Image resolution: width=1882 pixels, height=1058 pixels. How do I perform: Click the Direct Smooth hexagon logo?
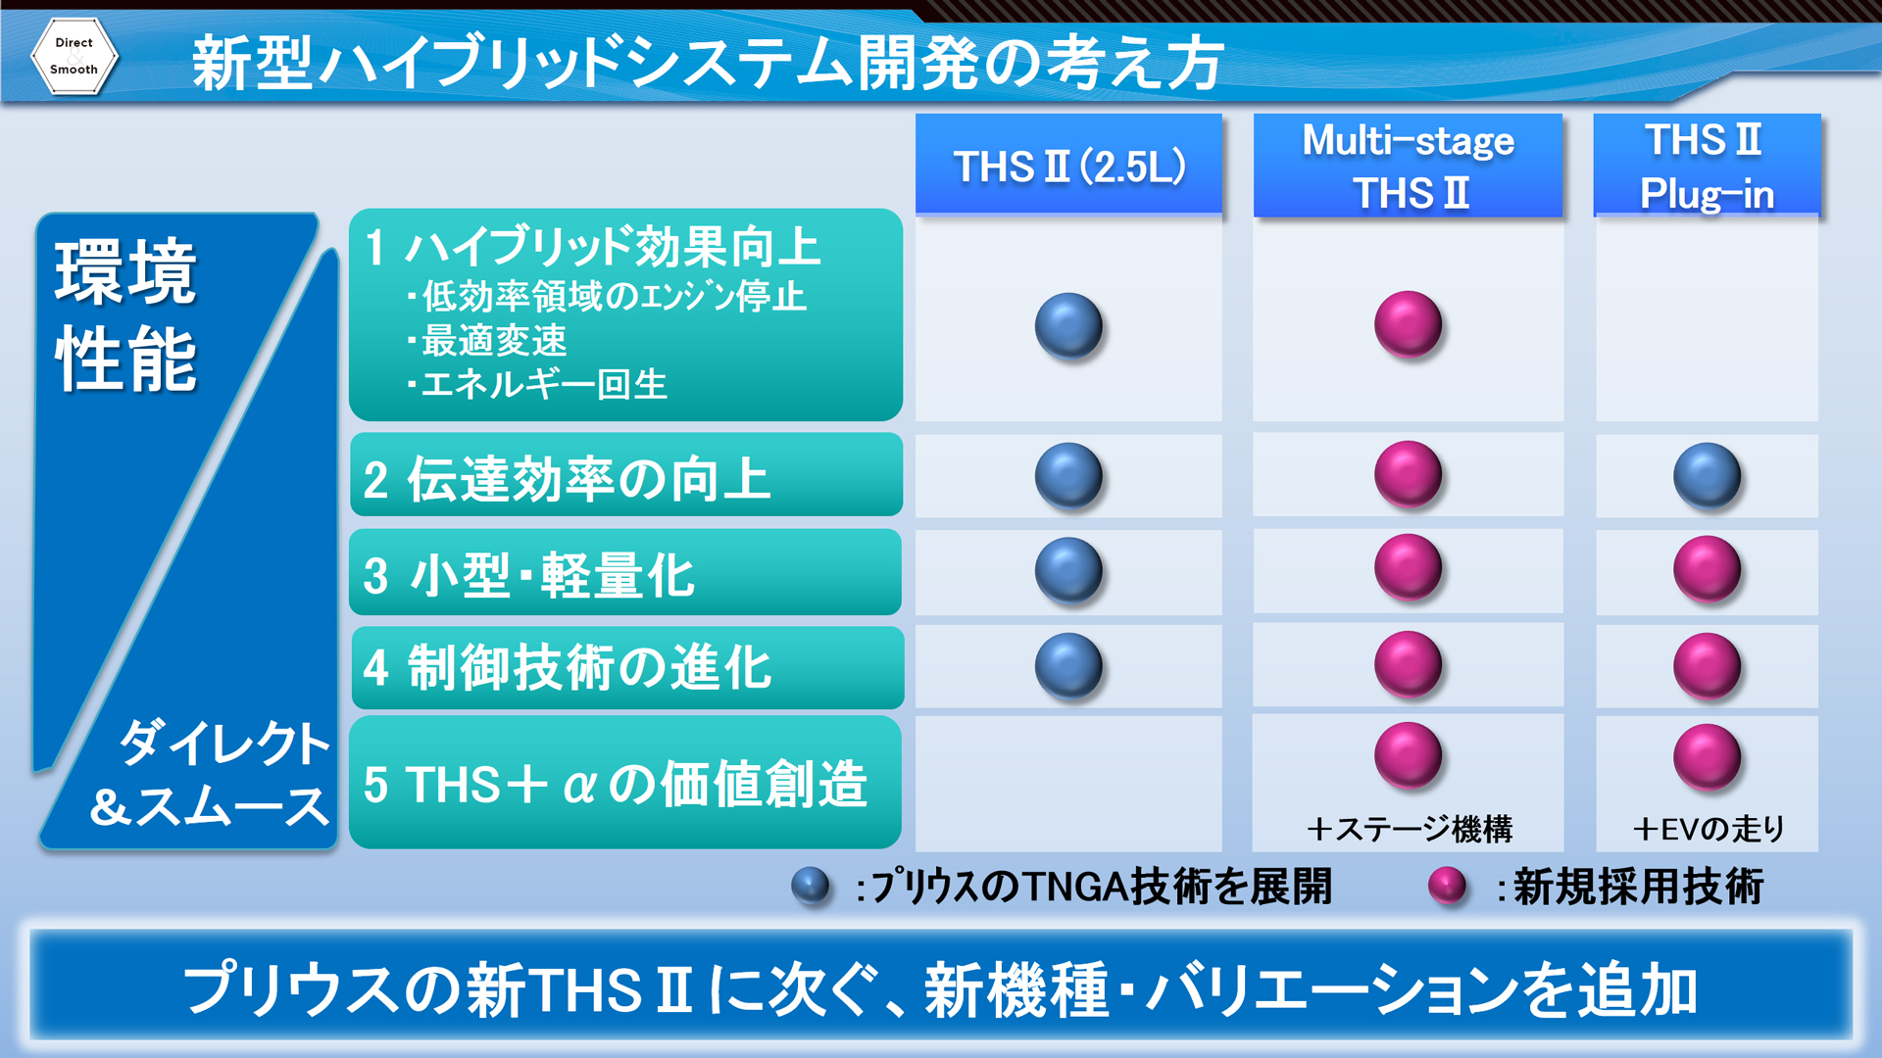coord(74,56)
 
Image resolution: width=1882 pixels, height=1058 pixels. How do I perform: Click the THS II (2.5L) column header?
coord(1068,164)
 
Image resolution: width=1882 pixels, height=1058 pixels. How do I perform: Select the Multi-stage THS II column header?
coord(1408,165)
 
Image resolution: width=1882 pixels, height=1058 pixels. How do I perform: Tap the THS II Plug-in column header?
coord(1707,165)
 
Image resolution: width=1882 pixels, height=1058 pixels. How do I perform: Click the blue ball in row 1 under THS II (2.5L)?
coord(1068,326)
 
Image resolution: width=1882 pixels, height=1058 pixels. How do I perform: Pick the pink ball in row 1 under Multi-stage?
coord(1408,324)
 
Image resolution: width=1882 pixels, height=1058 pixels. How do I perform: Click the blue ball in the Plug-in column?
coord(1707,476)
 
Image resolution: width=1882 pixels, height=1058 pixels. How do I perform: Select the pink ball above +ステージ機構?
coord(1408,755)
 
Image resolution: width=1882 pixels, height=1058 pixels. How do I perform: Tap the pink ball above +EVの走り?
coord(1707,757)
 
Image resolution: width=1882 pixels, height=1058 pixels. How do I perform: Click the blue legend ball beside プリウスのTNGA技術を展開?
coord(811,887)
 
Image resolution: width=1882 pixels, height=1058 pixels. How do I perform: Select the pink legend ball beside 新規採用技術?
coord(1447,887)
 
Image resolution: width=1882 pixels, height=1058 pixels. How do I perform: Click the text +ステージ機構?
coord(1409,830)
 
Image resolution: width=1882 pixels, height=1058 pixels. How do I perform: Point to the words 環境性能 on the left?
coord(126,315)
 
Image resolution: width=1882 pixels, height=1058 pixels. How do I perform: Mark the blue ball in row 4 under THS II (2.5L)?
coord(1068,666)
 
